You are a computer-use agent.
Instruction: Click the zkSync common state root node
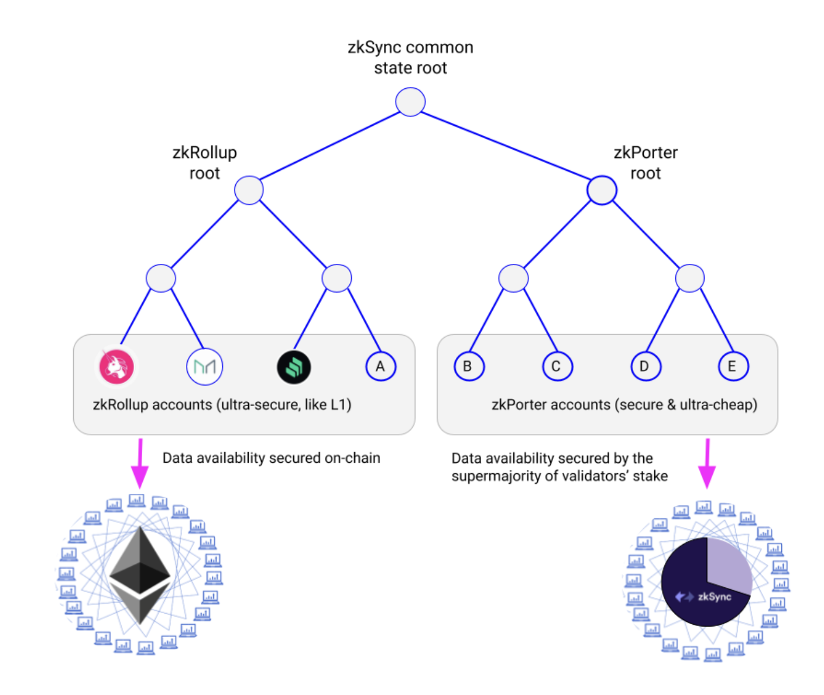coord(410,102)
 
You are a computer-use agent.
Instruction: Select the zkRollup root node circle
coord(249,190)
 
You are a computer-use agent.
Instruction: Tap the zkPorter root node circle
coord(602,190)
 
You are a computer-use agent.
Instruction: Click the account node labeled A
coord(380,367)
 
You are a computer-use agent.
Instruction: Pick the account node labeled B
coord(469,367)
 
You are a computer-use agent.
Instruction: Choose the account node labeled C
coord(557,367)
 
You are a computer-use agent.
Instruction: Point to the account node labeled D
coord(646,367)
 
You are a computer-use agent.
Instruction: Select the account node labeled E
coord(733,367)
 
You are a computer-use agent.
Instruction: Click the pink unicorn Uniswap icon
coord(116,367)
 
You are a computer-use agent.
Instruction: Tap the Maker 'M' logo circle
coord(204,367)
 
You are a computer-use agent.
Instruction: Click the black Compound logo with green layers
coord(293,367)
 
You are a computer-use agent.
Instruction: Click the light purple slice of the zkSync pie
coord(729,565)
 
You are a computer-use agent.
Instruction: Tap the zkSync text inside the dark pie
coord(714,597)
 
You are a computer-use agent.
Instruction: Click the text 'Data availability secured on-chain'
coord(271,458)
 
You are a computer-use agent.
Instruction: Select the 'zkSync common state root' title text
coord(410,57)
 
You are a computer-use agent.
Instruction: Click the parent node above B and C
coord(513,278)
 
